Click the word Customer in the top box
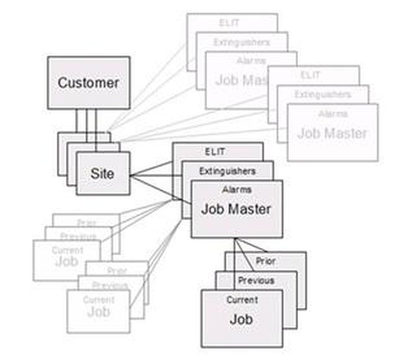click(x=88, y=82)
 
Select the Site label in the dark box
click(x=102, y=173)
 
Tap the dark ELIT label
click(x=215, y=152)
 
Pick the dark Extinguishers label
click(x=227, y=171)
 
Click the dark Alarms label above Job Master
click(x=237, y=190)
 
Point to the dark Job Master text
click(x=236, y=209)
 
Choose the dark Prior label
click(x=266, y=261)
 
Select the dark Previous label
click(x=256, y=280)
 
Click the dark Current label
click(x=242, y=300)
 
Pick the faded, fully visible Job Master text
click(x=332, y=133)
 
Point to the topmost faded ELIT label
click(x=229, y=24)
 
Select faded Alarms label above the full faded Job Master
click(x=333, y=114)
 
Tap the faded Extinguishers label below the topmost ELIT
click(x=241, y=42)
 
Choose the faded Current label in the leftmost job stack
click(x=67, y=250)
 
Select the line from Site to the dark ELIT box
click(x=152, y=169)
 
